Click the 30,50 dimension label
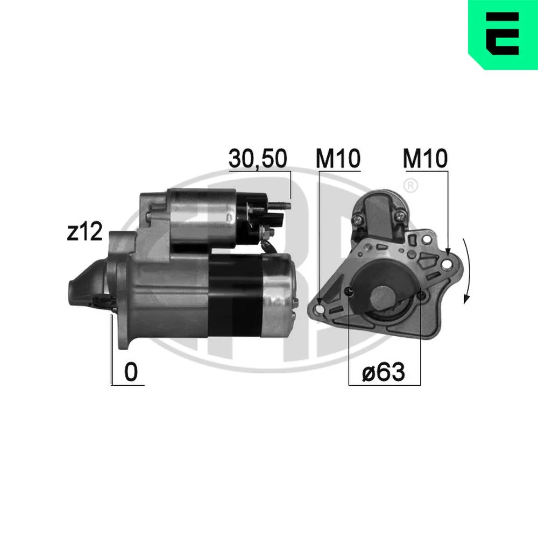coord(258,159)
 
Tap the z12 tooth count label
coord(84,231)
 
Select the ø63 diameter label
coord(383,372)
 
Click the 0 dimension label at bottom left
coord(131,372)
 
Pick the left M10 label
coord(338,158)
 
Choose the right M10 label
coord(425,158)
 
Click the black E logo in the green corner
coord(502,33)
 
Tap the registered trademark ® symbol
coord(410,186)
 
